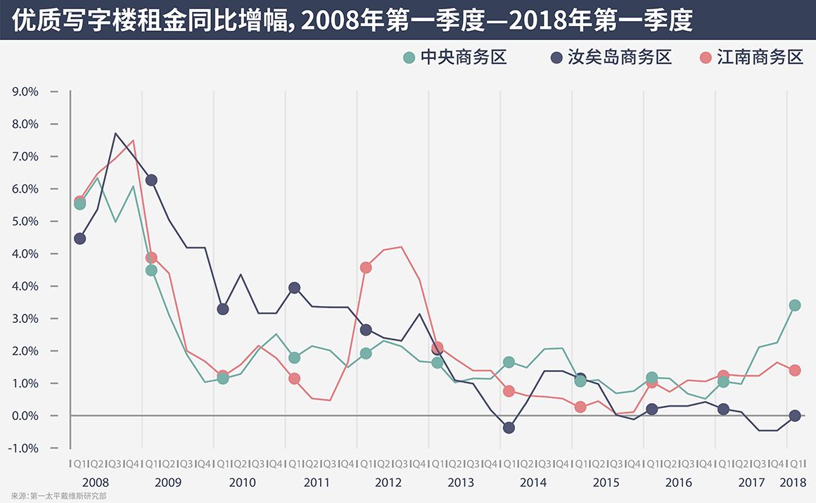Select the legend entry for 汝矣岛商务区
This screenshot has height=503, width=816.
[x=611, y=58]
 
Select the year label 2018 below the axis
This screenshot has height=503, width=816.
[x=793, y=483]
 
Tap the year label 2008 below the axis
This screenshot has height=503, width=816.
[x=95, y=483]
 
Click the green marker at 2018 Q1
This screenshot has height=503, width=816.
[x=795, y=305]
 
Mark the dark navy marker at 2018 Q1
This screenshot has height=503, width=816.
[x=795, y=416]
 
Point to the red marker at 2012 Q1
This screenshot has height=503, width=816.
[x=366, y=267]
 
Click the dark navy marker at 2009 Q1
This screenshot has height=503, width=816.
[x=151, y=180]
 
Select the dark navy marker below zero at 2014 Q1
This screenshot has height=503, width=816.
[x=509, y=428]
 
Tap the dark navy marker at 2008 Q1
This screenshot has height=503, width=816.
[x=79, y=238]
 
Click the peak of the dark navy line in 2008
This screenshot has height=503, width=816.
[x=115, y=134]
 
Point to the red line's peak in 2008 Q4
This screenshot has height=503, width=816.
[x=133, y=140]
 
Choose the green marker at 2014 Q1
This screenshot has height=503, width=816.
[x=509, y=362]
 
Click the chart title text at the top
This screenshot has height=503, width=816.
[x=352, y=20]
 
